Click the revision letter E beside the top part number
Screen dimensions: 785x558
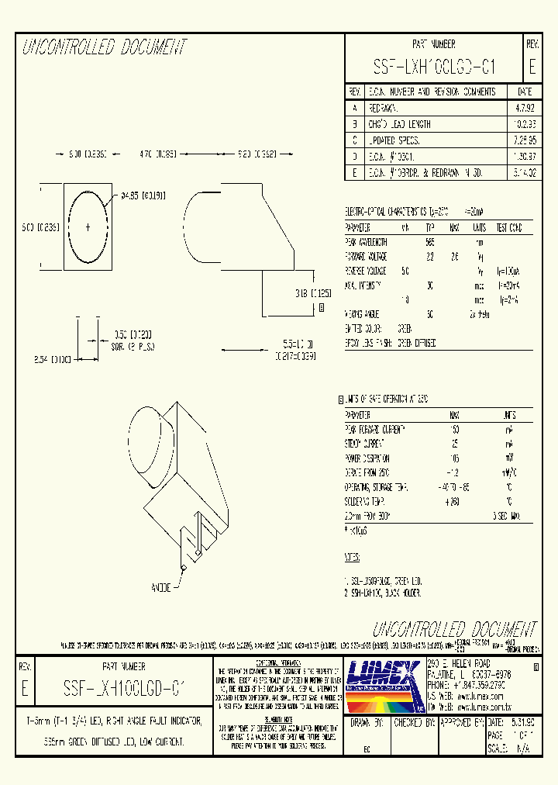532,66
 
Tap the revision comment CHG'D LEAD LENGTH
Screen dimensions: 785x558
399,124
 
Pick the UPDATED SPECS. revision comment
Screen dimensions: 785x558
394,140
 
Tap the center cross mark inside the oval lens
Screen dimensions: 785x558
88,227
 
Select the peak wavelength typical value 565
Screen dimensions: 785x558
430,242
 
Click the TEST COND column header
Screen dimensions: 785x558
509,228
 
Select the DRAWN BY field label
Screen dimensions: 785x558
367,722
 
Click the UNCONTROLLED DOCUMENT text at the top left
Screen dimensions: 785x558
105,47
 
